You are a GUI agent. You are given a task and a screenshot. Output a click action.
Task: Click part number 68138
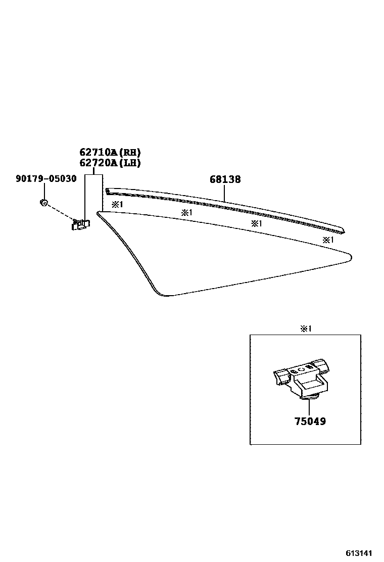(x=225, y=179)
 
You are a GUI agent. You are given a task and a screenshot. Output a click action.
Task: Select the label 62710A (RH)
(x=110, y=152)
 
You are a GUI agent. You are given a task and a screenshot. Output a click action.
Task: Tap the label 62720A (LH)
(x=110, y=163)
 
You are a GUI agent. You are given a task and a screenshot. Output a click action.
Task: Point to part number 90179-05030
(x=46, y=178)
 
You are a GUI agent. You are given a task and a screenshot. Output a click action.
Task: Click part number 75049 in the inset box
(x=310, y=421)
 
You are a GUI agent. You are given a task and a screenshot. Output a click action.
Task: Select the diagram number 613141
(x=362, y=553)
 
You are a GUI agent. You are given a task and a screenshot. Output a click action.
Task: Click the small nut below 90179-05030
(x=44, y=203)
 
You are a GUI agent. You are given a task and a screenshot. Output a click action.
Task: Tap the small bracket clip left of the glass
(x=80, y=224)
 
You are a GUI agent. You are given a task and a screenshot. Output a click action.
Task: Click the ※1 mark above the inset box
(x=306, y=329)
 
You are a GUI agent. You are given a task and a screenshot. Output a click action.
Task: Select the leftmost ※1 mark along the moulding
(x=117, y=205)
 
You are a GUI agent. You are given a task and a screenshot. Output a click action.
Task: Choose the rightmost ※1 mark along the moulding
(x=328, y=240)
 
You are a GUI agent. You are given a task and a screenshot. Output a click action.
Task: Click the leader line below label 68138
(x=225, y=194)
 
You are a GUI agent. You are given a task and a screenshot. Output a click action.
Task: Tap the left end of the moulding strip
(x=108, y=191)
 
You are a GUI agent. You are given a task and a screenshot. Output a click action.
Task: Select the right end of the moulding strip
(x=344, y=231)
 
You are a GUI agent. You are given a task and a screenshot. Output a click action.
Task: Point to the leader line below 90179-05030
(x=44, y=192)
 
